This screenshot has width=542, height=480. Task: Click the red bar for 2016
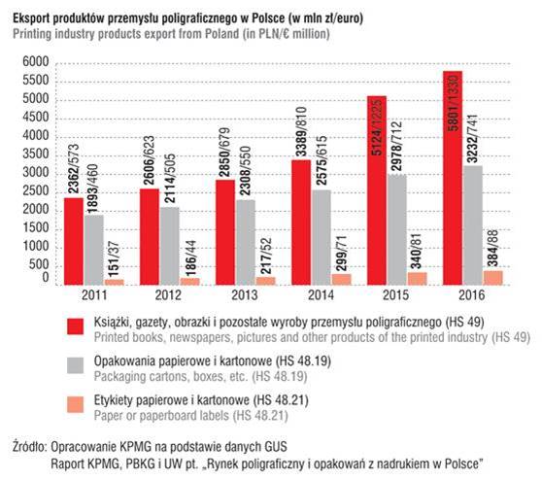coord(453,178)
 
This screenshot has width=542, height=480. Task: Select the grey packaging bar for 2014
coord(322,238)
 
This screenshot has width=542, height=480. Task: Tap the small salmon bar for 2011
coord(115,282)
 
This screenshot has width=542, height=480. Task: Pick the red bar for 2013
coord(225,232)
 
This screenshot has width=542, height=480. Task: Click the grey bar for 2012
coord(170,246)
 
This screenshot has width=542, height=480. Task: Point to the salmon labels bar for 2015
coord(418,279)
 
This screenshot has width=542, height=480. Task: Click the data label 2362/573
coord(73,169)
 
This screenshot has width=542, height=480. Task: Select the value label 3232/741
coord(472,138)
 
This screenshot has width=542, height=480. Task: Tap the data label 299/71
coord(342,255)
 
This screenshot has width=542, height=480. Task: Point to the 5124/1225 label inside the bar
coord(377,126)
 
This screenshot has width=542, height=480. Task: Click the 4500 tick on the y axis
coord(36,118)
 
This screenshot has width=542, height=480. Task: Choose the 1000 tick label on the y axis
coord(36,246)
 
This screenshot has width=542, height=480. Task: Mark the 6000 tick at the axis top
coord(36,62)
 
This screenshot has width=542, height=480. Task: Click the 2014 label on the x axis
coord(321,295)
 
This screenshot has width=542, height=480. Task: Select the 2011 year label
coord(94,295)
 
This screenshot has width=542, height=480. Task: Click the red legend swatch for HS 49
coord(76,326)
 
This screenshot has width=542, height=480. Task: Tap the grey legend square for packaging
coord(76,365)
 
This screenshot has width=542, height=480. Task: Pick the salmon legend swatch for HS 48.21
coord(76,404)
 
